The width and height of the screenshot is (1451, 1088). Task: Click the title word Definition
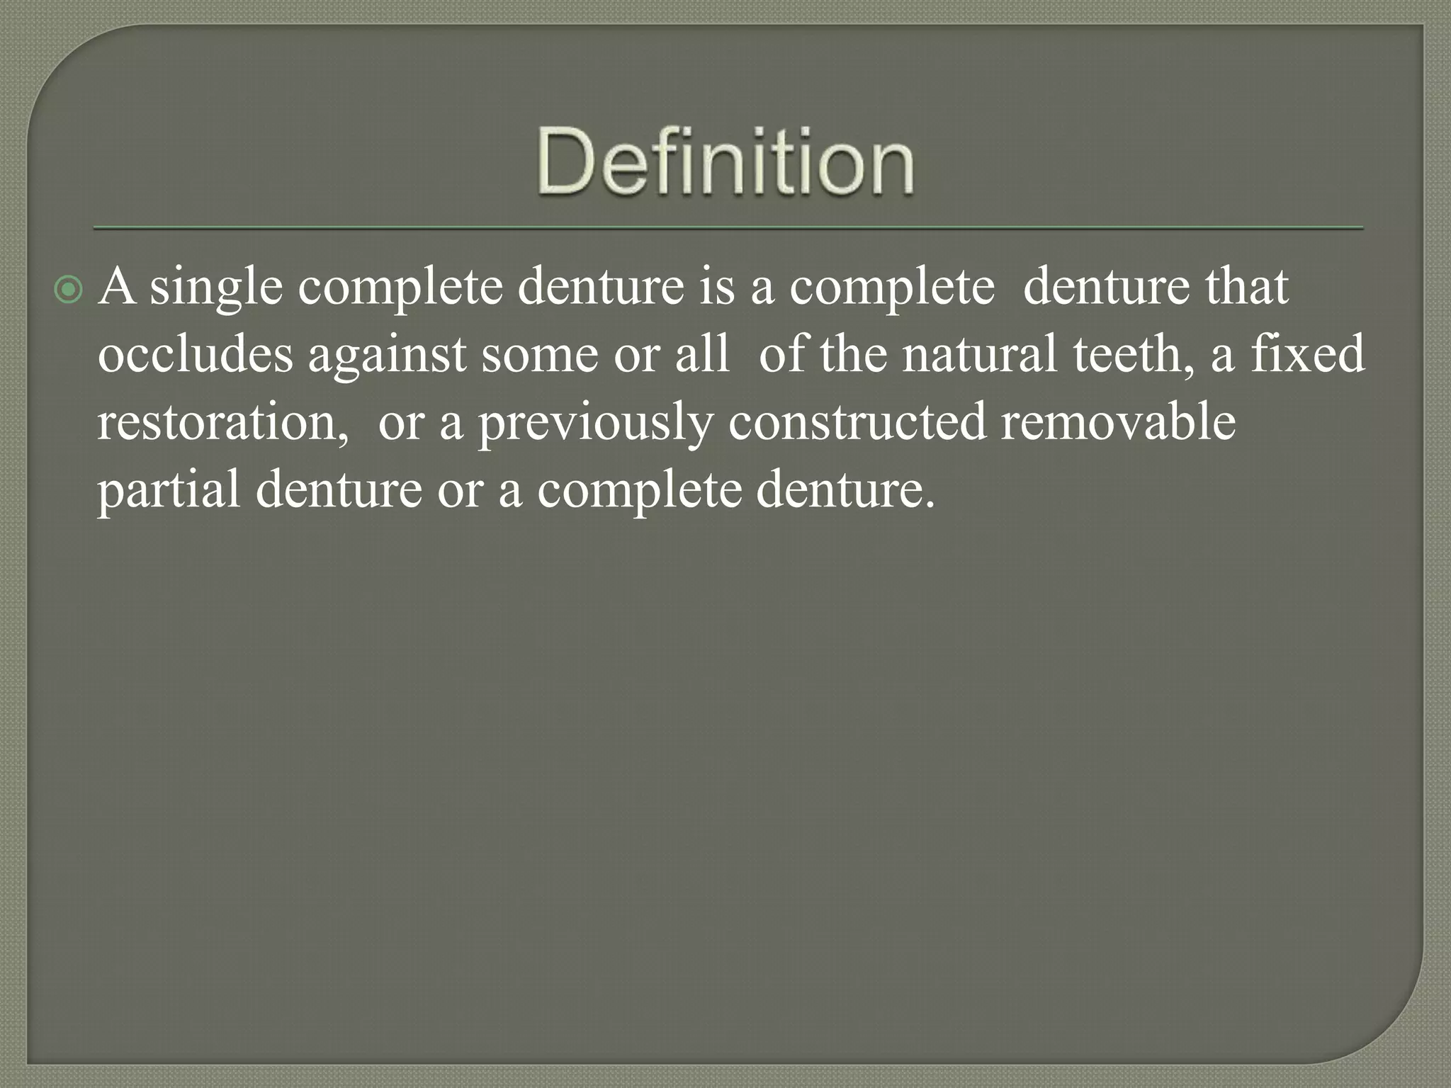click(x=725, y=161)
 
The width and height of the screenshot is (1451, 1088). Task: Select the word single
click(x=216, y=289)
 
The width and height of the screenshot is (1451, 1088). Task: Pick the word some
click(x=540, y=356)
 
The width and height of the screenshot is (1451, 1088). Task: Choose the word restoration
click(x=221, y=422)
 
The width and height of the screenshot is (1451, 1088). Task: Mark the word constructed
click(x=857, y=422)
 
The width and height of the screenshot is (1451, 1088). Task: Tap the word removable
click(x=1118, y=422)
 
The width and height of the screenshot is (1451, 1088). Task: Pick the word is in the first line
click(x=717, y=288)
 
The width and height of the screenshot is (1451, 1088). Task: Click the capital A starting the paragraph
click(x=118, y=288)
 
